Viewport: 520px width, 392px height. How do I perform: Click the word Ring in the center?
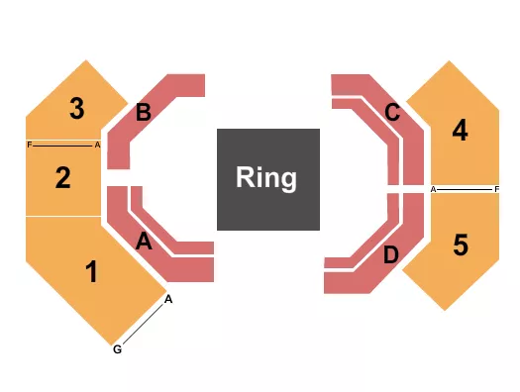(267, 178)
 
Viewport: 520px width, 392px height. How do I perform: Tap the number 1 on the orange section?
(92, 271)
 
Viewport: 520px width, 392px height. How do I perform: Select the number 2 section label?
(63, 178)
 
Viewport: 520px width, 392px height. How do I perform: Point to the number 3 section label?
(76, 109)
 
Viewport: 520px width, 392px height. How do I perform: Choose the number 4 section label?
(460, 130)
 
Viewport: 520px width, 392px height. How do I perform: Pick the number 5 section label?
(460, 244)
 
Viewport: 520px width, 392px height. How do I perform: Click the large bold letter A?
(144, 241)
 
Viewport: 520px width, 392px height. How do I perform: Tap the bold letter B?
(144, 113)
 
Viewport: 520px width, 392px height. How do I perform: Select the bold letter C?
(392, 113)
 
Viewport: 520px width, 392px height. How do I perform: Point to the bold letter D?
(391, 255)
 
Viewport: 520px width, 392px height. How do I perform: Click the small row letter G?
(118, 348)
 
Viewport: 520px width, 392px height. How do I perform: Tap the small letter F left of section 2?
(30, 145)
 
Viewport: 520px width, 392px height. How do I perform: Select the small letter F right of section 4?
(497, 188)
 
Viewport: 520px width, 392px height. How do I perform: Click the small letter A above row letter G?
(169, 299)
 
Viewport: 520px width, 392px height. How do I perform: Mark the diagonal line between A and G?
(144, 324)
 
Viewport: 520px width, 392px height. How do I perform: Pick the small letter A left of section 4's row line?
(434, 188)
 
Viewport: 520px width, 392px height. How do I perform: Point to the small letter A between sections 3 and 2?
(97, 145)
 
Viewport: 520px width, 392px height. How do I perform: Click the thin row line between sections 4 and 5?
(466, 188)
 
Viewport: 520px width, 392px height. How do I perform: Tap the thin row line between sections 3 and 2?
(63, 145)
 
